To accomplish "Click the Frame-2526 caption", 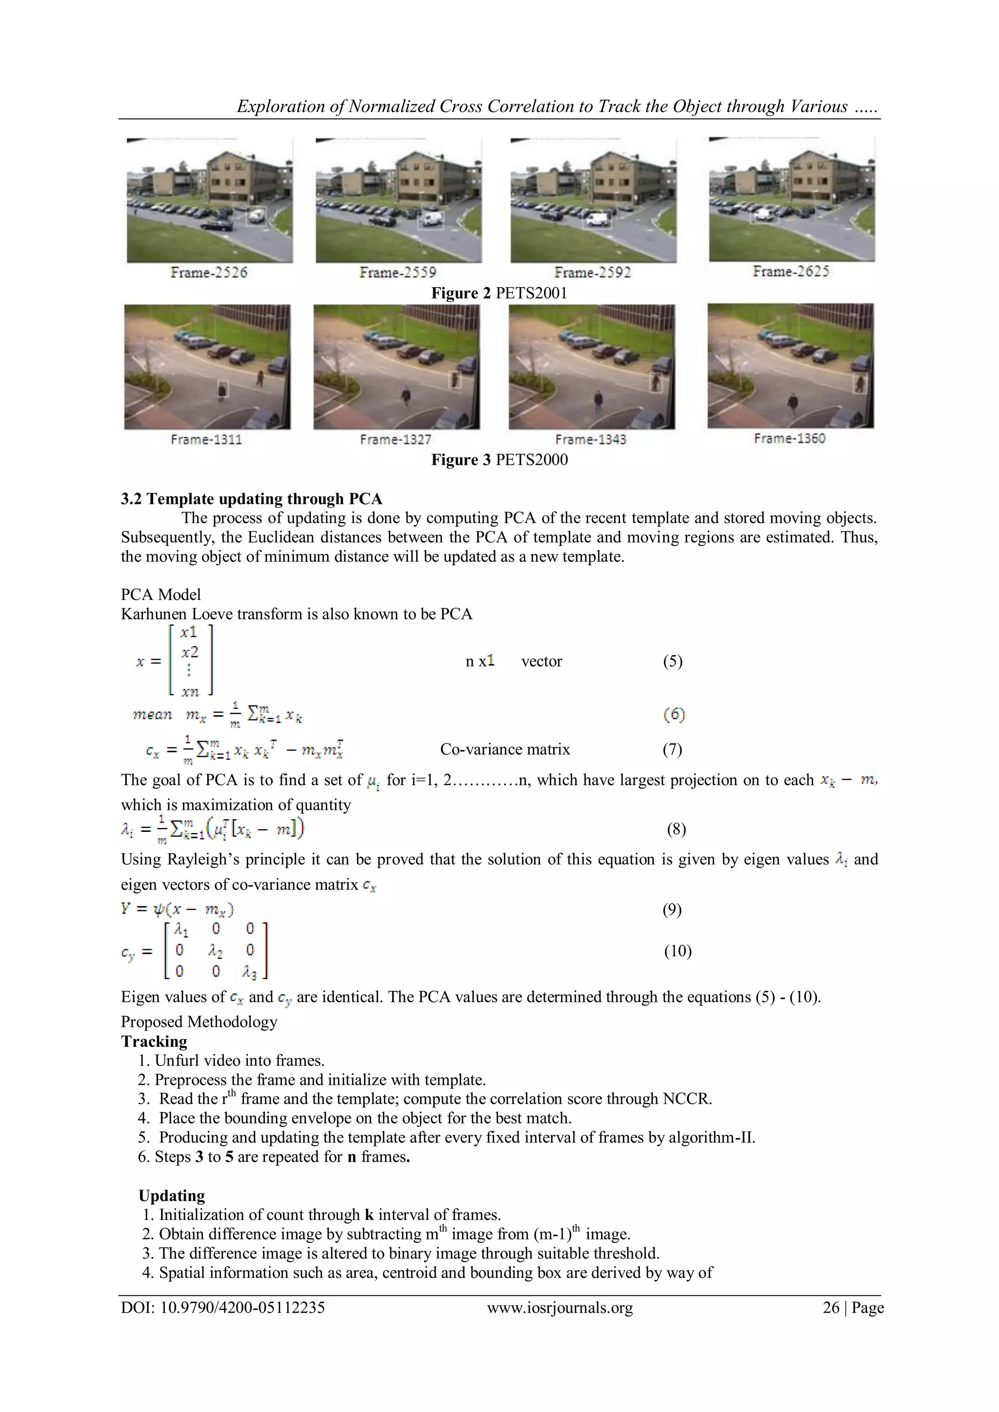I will (x=209, y=273).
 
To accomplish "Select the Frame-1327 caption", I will (x=396, y=439).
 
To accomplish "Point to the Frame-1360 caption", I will (x=789, y=438).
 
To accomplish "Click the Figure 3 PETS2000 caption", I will (x=499, y=459).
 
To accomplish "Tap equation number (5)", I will (x=672, y=661).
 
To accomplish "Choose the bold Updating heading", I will (x=172, y=1196).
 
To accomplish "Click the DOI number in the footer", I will (x=223, y=1308).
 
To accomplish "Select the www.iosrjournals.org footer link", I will (x=560, y=1308).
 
